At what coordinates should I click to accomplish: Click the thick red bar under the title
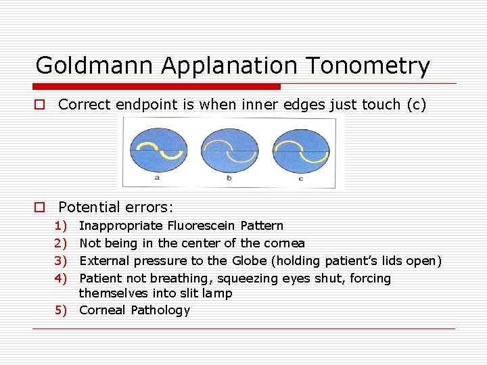157,87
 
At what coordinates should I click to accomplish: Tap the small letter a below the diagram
157,178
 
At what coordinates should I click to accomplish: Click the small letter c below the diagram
300,178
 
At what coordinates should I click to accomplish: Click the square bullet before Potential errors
41,208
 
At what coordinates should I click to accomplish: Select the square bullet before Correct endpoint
41,105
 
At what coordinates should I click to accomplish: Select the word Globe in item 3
250,261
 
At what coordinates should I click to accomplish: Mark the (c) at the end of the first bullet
415,105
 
